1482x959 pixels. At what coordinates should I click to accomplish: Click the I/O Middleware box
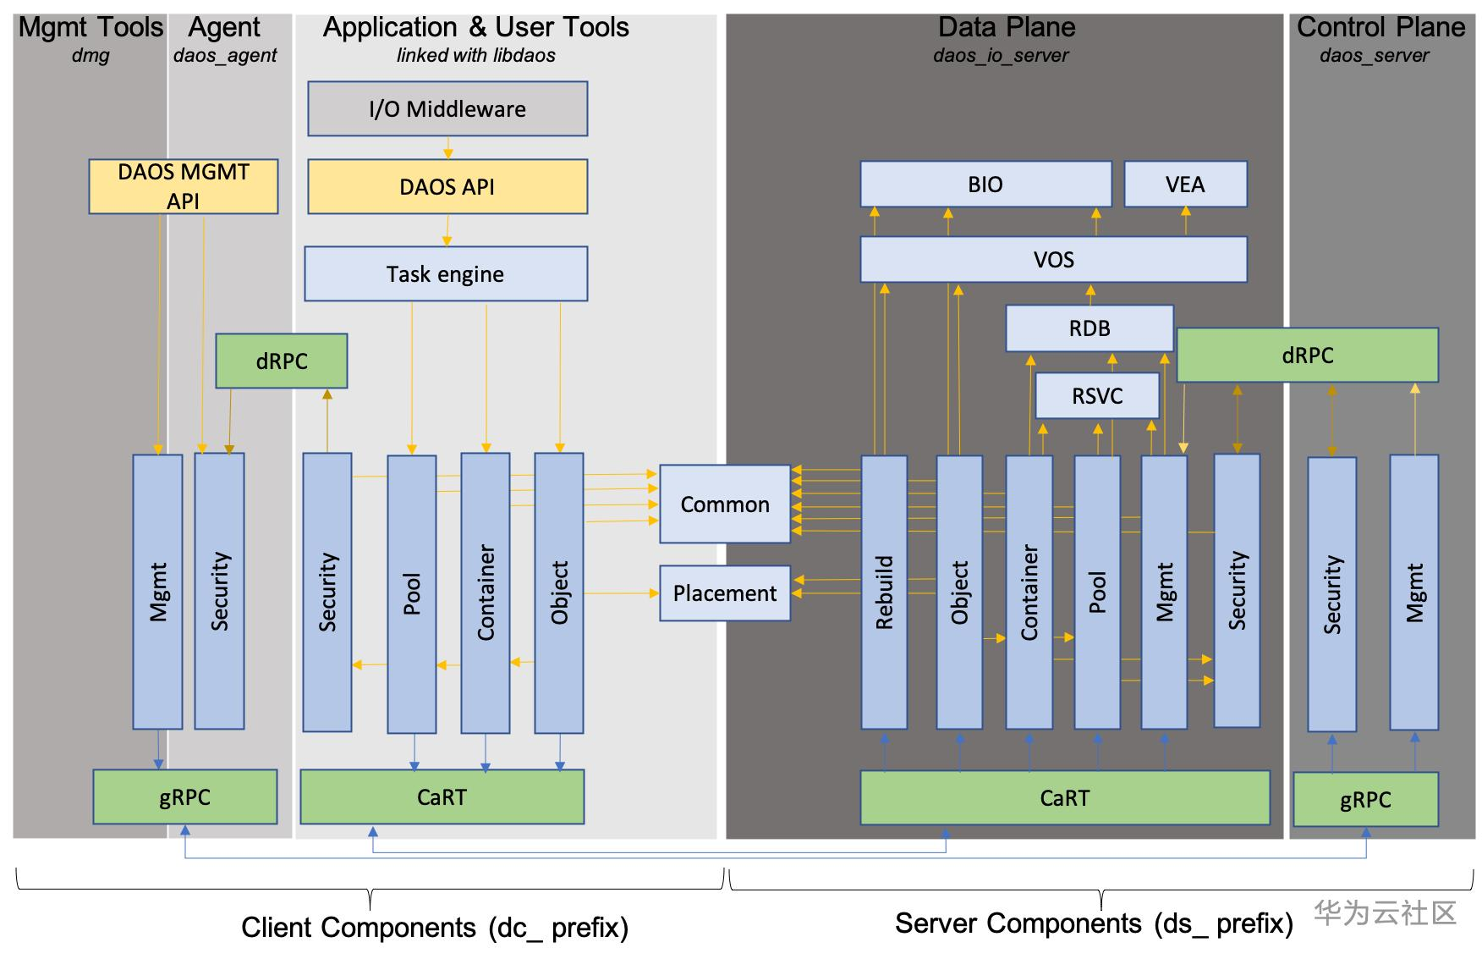coord(447,108)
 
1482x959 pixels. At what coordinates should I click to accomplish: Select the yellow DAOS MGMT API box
coord(183,186)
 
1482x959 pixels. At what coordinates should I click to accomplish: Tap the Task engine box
coord(445,273)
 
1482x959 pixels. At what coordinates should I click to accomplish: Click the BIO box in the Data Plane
coord(985,184)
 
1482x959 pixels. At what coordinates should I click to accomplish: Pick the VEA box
coord(1184,184)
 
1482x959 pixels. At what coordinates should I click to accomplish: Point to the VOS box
coord(1053,259)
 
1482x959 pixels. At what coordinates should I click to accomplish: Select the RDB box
coord(1089,328)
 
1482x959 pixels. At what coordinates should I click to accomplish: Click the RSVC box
coord(1097,395)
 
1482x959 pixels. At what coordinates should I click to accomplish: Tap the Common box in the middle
coord(725,504)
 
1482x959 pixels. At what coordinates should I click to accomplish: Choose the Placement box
coord(725,592)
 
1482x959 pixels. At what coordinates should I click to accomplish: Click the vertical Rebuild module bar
coord(884,592)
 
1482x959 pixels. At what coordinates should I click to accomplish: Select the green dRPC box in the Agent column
coord(281,361)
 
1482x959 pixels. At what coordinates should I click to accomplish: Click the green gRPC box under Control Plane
coord(1365,799)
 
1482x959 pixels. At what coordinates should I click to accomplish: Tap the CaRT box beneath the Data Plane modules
coord(1064,797)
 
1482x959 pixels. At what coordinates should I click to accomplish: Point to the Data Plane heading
coord(1007,27)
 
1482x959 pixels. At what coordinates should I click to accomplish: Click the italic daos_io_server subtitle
coord(1001,56)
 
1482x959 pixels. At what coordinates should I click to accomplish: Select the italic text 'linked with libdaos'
coord(475,56)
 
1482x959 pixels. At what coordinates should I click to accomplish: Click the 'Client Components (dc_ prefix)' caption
coord(435,928)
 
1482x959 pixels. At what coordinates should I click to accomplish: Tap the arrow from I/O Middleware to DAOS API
coord(447,148)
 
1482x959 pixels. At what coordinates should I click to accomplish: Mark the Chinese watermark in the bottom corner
coord(1384,912)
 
